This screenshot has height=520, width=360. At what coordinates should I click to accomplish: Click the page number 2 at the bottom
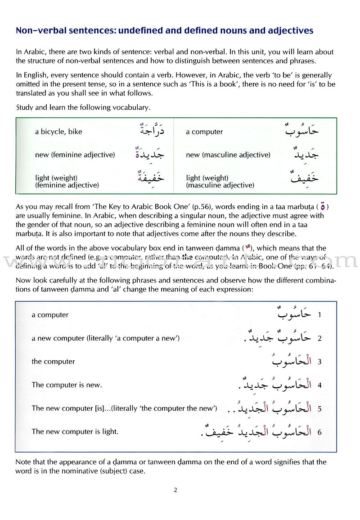tap(175, 490)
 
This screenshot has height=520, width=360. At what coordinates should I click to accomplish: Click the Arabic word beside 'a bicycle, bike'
tap(149, 131)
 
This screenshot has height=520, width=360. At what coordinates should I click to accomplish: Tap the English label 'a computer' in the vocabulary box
tap(204, 132)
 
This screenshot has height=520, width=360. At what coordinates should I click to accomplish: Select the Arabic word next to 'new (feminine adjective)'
tap(149, 154)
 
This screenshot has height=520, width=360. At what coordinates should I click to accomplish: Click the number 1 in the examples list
tap(319, 315)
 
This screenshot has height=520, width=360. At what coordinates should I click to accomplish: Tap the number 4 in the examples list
tap(319, 385)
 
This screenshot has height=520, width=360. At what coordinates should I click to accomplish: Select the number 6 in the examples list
tap(319, 432)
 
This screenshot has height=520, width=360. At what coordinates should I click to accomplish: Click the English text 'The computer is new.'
tap(67, 385)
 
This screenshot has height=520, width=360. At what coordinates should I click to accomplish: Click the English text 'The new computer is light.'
tap(75, 432)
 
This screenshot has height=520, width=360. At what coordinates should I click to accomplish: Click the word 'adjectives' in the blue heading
tap(291, 31)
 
